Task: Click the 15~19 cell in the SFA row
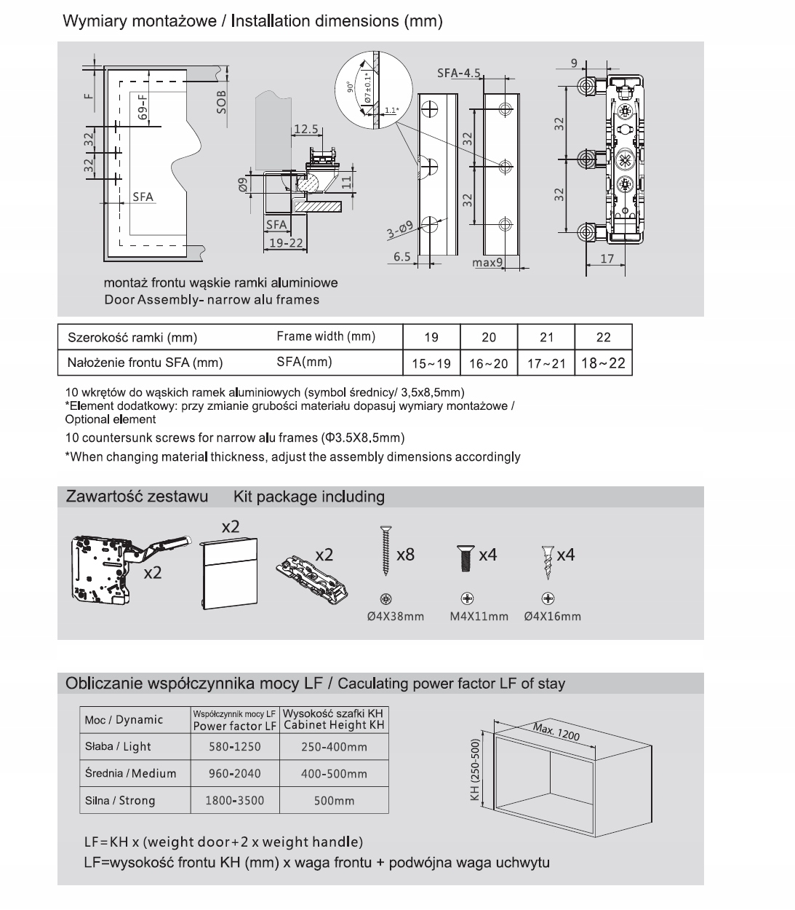coord(431,363)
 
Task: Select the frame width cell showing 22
coord(603,337)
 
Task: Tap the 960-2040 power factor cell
coord(234,773)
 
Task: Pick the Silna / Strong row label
coord(120,800)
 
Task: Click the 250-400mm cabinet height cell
coord(334,746)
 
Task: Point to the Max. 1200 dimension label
coord(556,732)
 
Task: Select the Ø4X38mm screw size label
coord(394,617)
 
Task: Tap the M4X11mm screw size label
coord(479,617)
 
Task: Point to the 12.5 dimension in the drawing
coord(305,130)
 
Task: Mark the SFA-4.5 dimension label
coord(460,73)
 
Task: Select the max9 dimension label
coord(488,262)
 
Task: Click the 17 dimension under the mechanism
coord(607,258)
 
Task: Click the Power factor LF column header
coord(234,726)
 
